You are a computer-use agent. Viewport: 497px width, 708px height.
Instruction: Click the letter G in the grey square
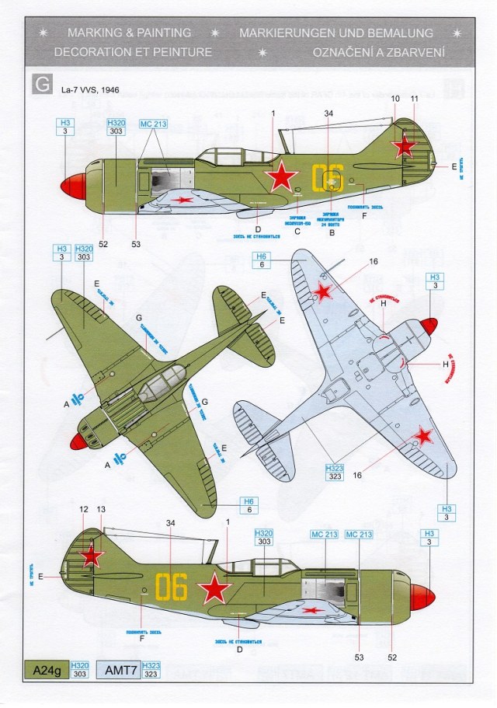pyautogui.click(x=41, y=84)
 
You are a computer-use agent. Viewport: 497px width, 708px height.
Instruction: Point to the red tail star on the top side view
pyautogui.click(x=404, y=148)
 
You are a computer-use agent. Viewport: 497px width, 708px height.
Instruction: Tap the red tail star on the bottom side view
pyautogui.click(x=92, y=555)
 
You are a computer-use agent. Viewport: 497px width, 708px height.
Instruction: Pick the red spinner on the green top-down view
pyautogui.click(x=78, y=441)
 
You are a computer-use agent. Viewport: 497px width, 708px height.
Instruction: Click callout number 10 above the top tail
pyautogui.click(x=395, y=99)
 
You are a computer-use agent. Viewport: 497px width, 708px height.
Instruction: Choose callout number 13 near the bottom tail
pyautogui.click(x=102, y=509)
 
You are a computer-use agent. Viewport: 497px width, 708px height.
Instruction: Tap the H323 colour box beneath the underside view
pyautogui.click(x=335, y=473)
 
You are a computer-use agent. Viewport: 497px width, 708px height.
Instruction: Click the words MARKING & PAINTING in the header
pyautogui.click(x=129, y=33)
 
